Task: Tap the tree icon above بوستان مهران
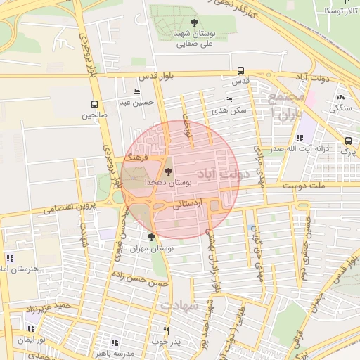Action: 151,237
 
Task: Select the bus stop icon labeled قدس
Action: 241,70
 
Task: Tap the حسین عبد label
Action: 136,102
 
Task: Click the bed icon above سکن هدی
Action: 228,99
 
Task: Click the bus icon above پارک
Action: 348,141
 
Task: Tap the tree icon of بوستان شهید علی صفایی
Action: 194,23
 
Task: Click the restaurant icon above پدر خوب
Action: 167,330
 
